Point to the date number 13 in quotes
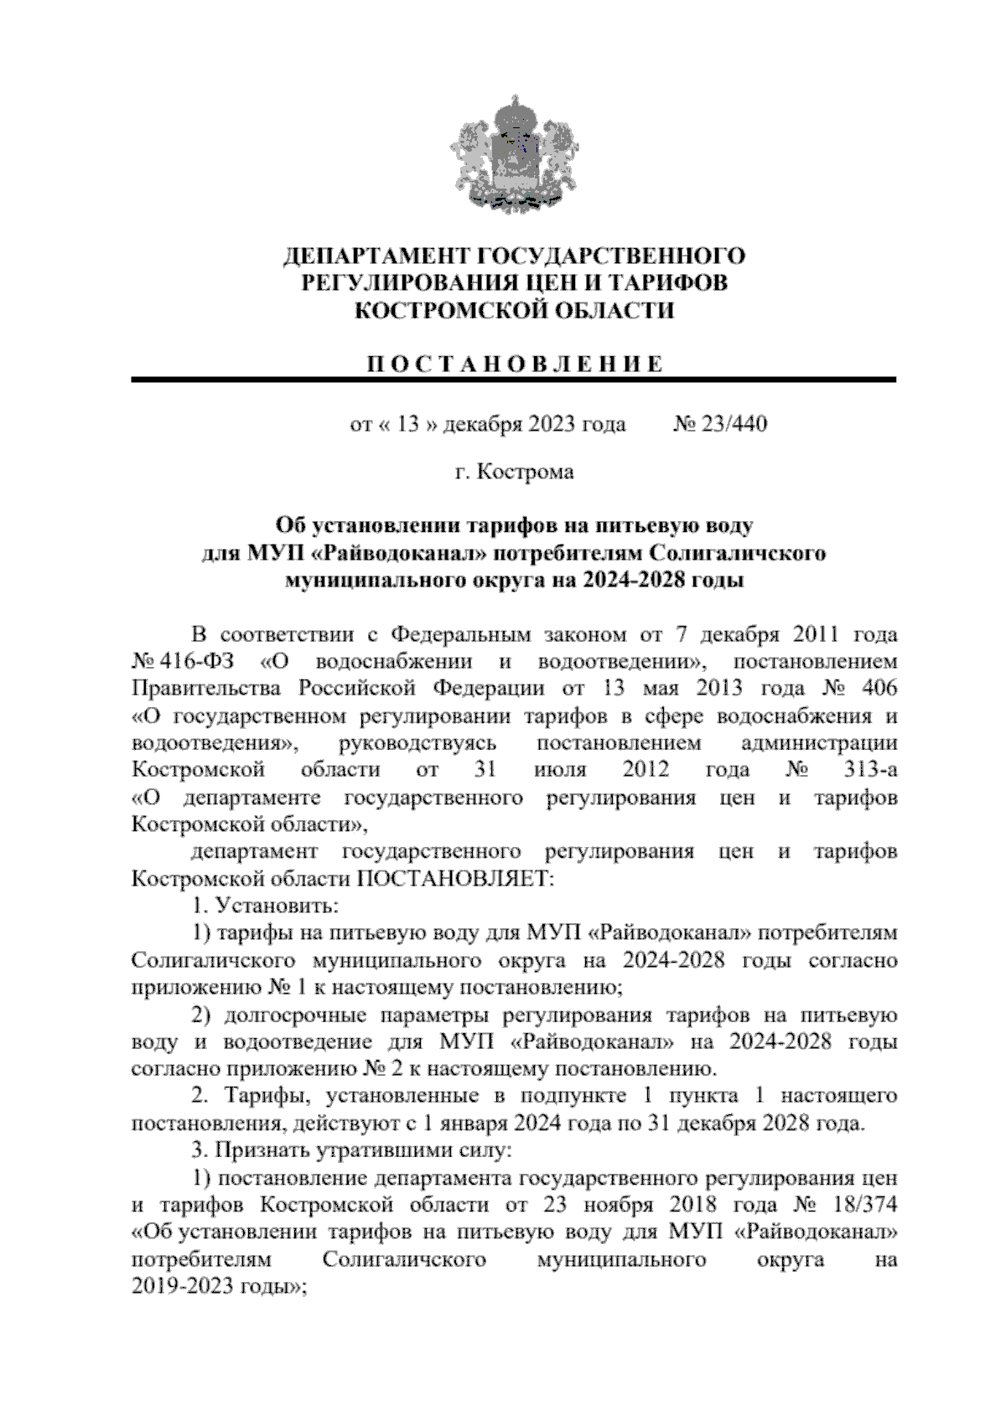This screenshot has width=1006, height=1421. [x=407, y=424]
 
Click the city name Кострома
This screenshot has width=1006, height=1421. [x=526, y=473]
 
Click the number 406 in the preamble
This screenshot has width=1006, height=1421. [x=879, y=688]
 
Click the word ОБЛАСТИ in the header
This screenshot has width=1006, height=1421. [x=613, y=310]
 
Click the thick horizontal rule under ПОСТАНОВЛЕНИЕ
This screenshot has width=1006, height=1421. [x=513, y=380]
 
